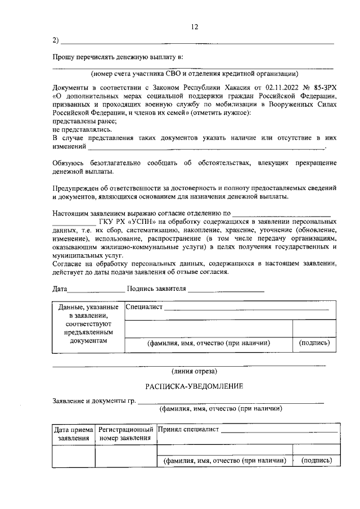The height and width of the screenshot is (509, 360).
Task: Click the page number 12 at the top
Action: click(x=195, y=26)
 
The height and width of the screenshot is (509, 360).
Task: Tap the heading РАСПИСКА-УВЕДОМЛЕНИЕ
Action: click(x=194, y=386)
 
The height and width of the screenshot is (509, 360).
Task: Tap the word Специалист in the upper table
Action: click(x=144, y=307)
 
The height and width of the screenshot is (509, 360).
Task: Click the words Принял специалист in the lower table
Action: click(x=188, y=430)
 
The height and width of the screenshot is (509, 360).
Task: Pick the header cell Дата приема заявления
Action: click(x=73, y=434)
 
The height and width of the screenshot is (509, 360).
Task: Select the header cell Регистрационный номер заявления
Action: click(x=125, y=434)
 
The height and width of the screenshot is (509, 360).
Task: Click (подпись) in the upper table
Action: click(x=314, y=343)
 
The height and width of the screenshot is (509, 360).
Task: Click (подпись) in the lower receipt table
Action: click(x=317, y=460)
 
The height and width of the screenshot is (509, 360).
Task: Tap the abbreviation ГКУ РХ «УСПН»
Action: click(x=128, y=222)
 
